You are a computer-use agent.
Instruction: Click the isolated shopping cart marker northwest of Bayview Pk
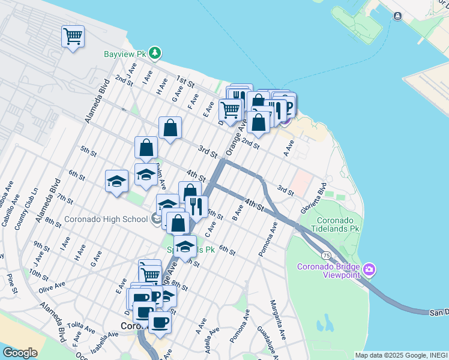73,37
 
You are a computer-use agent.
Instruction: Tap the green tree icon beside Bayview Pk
155,53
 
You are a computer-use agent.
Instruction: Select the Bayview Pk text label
125,54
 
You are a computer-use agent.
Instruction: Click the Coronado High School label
106,219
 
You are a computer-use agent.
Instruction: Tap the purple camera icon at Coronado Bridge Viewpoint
370,271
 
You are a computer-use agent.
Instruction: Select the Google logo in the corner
20,353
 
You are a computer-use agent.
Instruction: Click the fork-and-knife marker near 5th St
197,207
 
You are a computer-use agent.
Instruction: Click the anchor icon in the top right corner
397,16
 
